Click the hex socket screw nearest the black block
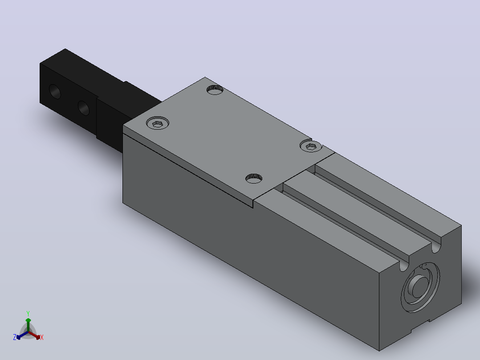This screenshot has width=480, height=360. coord(158,123)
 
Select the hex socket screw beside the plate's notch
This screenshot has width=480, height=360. coord(311,146)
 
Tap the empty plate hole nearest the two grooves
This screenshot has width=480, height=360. coord(254,178)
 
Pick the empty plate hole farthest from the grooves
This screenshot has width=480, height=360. coord(215,90)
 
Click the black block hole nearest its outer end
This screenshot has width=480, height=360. coord(55,92)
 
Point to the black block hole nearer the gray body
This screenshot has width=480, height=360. coord(84,108)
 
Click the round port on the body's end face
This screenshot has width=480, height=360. coord(420,287)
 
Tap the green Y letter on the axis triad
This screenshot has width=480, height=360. coord(28,313)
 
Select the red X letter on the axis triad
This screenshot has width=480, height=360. coord(42,337)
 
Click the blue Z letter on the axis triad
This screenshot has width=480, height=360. coord(15,337)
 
